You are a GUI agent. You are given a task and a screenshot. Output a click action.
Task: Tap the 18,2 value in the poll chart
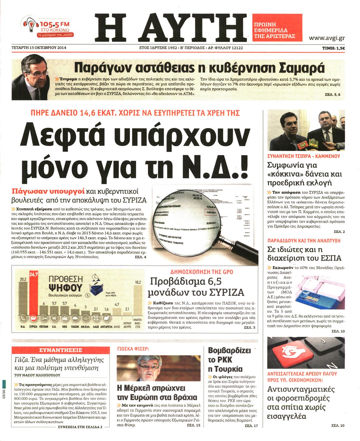(x=138, y=282)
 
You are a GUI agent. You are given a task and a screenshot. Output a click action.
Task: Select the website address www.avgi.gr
(x=327, y=38)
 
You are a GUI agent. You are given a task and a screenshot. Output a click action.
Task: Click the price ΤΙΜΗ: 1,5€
(x=333, y=48)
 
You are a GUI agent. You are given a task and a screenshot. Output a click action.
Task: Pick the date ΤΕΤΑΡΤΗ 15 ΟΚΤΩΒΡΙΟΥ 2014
(x=39, y=48)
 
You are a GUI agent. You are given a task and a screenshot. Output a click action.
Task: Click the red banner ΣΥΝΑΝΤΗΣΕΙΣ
(x=60, y=350)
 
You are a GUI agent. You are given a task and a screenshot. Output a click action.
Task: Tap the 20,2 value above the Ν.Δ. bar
(x=23, y=279)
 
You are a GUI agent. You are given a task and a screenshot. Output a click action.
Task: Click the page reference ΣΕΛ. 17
(x=251, y=426)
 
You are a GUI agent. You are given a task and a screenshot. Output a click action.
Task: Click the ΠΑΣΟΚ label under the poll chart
(x=75, y=327)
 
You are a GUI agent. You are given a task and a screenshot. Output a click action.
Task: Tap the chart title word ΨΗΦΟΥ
(x=65, y=288)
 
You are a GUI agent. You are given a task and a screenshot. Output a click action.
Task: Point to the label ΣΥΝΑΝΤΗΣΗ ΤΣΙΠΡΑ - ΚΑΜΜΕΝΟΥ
(x=304, y=156)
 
